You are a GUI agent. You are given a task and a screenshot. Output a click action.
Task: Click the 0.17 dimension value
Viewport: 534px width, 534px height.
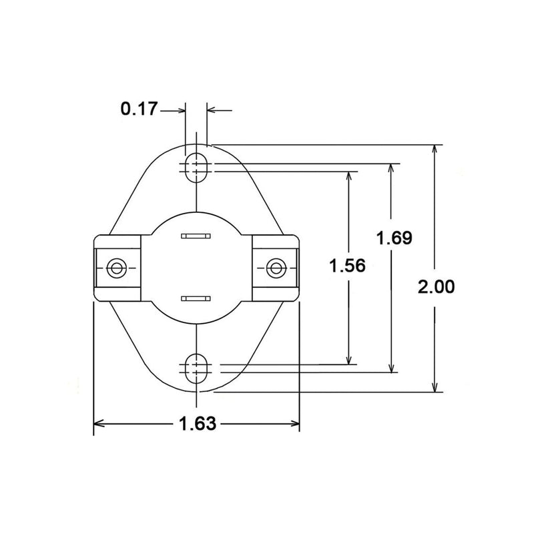pyautogui.click(x=140, y=109)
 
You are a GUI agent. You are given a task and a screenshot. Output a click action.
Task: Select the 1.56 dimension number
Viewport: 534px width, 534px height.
pyautogui.click(x=347, y=265)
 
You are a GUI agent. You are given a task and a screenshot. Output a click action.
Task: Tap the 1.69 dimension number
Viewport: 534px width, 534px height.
pyautogui.click(x=394, y=238)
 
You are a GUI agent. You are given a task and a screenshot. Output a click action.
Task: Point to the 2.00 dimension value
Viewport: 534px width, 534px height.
pyautogui.click(x=436, y=287)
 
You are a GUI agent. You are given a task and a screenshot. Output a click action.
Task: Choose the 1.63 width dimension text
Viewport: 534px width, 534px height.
pyautogui.click(x=198, y=423)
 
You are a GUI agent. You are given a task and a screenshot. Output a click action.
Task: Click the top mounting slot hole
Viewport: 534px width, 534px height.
pyautogui.click(x=196, y=168)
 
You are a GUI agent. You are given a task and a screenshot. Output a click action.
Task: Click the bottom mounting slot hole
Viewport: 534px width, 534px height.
pyautogui.click(x=196, y=368)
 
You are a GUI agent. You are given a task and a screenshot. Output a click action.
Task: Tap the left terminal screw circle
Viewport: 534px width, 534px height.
pyautogui.click(x=116, y=268)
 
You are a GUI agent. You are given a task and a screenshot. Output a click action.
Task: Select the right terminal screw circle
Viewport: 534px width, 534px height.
pyautogui.click(x=276, y=268)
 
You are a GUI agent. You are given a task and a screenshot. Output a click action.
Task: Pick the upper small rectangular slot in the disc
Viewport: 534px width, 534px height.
pyautogui.click(x=196, y=236)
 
